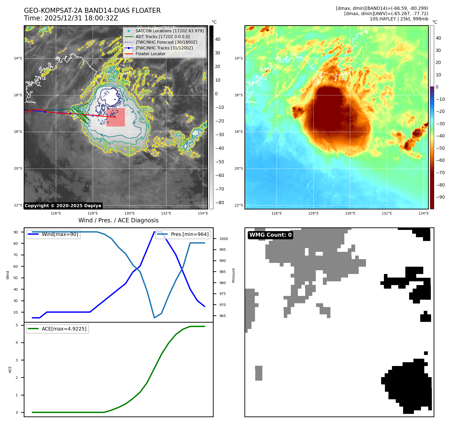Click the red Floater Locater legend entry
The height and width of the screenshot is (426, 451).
(150, 54)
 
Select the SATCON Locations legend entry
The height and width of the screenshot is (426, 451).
(170, 31)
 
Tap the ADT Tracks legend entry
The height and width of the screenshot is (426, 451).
(162, 37)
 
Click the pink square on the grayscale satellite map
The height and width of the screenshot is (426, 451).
(116, 117)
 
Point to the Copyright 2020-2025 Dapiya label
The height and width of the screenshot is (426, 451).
(63, 206)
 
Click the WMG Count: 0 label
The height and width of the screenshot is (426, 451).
(270, 235)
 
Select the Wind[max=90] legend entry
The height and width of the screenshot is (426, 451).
(60, 234)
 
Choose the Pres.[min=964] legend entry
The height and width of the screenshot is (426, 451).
(189, 234)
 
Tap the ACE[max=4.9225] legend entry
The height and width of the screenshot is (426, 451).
(64, 329)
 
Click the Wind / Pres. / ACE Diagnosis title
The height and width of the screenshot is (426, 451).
(119, 220)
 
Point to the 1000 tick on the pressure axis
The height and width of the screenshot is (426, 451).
(223, 239)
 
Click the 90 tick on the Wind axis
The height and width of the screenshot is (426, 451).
(16, 232)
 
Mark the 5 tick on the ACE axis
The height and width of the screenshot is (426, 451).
(17, 325)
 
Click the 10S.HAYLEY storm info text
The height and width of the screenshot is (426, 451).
(399, 19)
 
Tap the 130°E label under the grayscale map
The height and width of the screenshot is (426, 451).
(129, 213)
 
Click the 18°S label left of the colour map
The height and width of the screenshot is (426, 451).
(239, 132)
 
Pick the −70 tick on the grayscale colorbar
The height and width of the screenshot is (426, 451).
(219, 189)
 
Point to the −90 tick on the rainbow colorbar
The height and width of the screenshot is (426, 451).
(440, 197)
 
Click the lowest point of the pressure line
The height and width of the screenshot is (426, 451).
(154, 318)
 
